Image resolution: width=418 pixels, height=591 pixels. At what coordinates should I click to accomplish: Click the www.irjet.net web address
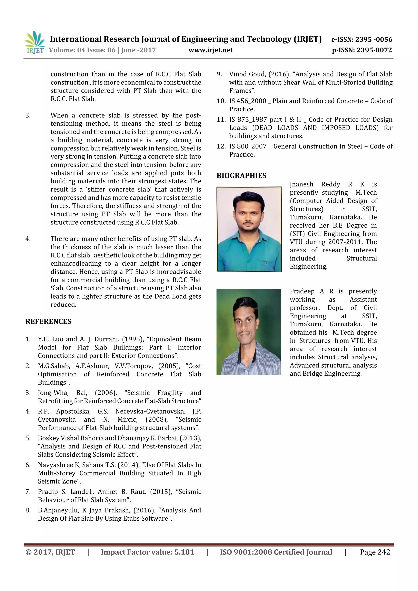coord(210,50)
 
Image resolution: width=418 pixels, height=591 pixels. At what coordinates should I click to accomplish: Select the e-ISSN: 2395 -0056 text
coord(361,39)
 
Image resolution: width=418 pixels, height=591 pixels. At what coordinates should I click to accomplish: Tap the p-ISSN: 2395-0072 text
coord(362,50)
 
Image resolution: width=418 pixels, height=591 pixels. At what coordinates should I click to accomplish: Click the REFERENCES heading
coord(48,322)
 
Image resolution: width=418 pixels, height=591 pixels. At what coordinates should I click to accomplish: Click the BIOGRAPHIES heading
coord(241,176)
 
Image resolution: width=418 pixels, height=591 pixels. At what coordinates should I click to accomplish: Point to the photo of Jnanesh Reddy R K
coord(249,229)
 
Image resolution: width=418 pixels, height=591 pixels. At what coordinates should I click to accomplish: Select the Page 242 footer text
coord(375,552)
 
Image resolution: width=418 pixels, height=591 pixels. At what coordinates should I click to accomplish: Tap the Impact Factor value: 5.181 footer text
coord(147,552)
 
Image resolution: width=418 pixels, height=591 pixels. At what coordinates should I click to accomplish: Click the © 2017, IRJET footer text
coord(50,552)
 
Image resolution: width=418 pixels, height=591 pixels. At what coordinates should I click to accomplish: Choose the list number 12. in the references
coord(221,146)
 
